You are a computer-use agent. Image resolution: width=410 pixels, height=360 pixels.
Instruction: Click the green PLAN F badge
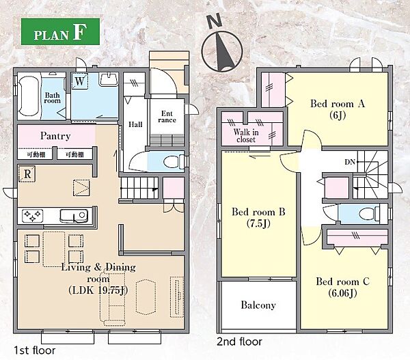[60, 31]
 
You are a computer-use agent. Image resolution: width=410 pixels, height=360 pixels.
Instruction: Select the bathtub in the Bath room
[29, 96]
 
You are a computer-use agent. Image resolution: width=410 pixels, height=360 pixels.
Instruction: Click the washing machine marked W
[79, 81]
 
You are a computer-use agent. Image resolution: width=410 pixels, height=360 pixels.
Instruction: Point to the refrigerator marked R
[27, 174]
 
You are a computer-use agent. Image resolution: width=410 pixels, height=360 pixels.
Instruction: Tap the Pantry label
[55, 136]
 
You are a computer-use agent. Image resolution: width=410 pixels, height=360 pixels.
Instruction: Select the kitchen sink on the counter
[74, 216]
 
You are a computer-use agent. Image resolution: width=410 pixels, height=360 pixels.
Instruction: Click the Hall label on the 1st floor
[135, 124]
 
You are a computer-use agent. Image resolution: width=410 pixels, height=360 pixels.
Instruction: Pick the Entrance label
[167, 117]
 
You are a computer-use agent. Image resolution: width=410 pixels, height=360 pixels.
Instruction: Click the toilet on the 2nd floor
[370, 213]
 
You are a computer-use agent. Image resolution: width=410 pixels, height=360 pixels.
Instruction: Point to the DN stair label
[350, 162]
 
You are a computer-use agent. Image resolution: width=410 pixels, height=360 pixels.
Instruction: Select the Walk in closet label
[246, 135]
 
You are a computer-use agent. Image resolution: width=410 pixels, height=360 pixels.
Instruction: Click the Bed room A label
[338, 104]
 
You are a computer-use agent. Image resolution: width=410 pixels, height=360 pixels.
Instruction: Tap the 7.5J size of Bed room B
[258, 223]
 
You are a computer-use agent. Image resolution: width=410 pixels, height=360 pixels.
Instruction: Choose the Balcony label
[258, 305]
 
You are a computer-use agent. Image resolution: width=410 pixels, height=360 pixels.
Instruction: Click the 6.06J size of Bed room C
[342, 293]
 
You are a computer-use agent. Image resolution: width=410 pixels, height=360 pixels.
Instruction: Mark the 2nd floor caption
[239, 342]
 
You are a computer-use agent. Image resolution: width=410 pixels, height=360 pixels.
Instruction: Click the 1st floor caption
[35, 350]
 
